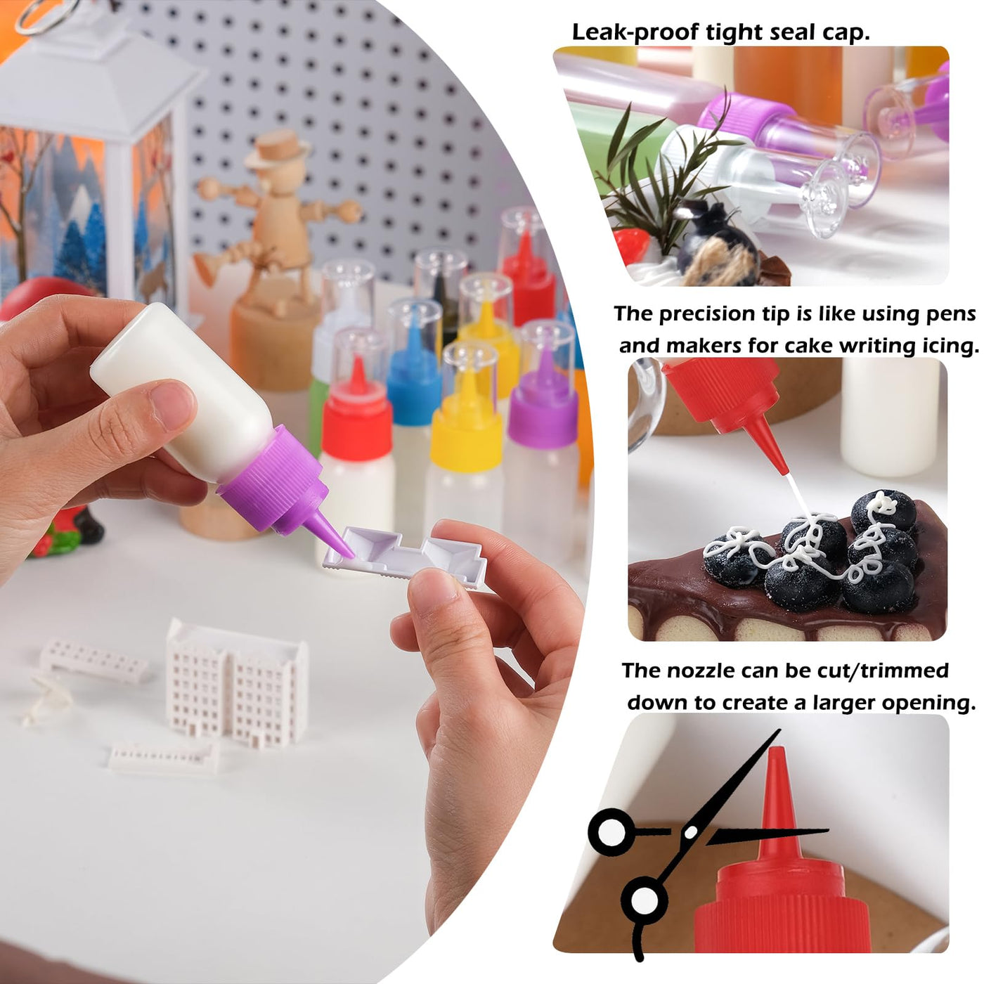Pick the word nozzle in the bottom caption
coord(701,671)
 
